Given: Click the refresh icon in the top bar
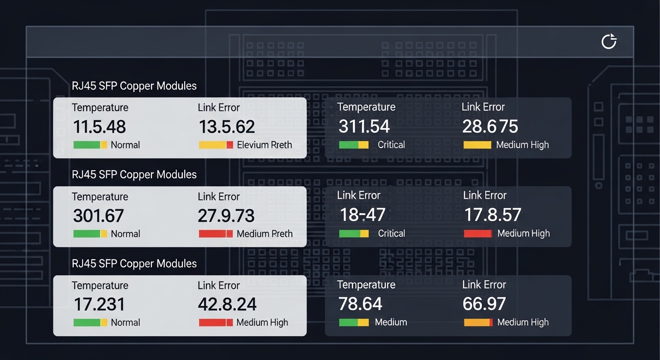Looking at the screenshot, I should (x=608, y=42).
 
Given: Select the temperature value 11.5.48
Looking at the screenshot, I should (x=99, y=127).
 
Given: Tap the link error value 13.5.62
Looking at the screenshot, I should (x=227, y=127).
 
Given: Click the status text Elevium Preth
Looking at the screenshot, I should (x=264, y=145).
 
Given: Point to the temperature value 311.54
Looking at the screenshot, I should (x=364, y=127).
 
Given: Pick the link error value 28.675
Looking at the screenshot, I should (x=490, y=127).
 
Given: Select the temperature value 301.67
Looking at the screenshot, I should (x=98, y=216).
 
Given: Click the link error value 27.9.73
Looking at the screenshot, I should (x=226, y=216).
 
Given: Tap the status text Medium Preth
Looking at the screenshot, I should (x=264, y=233).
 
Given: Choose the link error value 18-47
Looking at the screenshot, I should (x=362, y=215).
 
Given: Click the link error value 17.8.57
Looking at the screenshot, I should (x=493, y=215).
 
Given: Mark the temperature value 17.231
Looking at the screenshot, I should (x=99, y=305).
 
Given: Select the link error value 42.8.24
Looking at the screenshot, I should (x=227, y=305).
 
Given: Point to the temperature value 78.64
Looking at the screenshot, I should (x=360, y=304).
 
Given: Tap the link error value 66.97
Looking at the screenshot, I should (x=484, y=304).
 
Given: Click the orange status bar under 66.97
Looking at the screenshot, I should (x=478, y=322).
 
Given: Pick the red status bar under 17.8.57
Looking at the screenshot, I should (x=478, y=233).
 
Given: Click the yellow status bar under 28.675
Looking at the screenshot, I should (x=477, y=145).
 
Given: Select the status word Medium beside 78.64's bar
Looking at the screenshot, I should (x=391, y=322).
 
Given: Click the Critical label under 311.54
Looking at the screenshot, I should (x=391, y=145).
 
